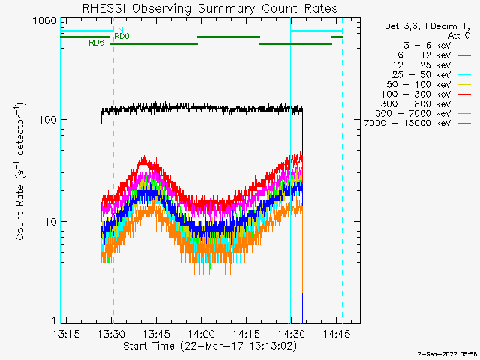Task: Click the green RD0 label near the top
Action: click(121, 36)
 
